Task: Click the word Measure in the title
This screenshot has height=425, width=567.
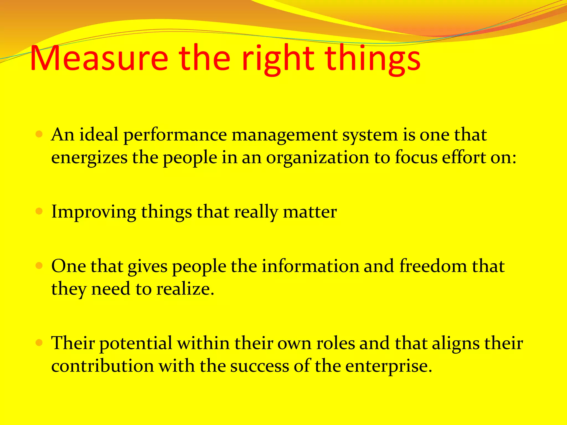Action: tap(99, 59)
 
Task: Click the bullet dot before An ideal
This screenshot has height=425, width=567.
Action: tap(39, 135)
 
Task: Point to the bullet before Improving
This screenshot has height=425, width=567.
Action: tap(39, 212)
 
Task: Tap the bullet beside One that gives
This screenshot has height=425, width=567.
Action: tap(39, 266)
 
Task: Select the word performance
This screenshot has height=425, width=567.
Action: tap(175, 135)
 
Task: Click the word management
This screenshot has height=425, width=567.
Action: tap(284, 135)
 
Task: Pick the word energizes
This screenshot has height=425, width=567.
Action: tap(89, 158)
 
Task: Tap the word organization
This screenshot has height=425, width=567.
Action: tap(318, 158)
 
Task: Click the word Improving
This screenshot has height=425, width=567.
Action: tap(94, 212)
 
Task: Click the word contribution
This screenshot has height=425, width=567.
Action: tap(102, 366)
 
